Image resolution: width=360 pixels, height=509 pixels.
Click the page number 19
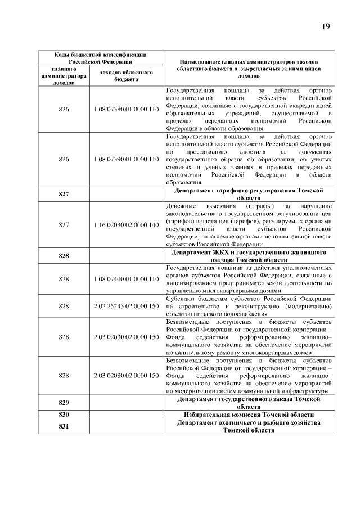[x=326, y=26]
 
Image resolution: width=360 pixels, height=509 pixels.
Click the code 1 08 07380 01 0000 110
[x=126, y=109]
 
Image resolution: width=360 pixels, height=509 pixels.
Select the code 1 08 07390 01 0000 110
[x=126, y=159]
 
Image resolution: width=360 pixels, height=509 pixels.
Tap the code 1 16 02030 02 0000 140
[x=126, y=224]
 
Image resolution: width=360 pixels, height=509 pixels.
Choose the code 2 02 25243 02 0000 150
[x=126, y=306]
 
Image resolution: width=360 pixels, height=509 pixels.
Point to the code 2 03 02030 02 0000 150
[x=126, y=336]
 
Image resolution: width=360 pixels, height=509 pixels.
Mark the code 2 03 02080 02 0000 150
[x=126, y=375]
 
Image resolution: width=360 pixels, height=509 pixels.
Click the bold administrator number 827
[x=64, y=194]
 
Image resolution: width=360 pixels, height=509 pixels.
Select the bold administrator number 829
[x=64, y=402]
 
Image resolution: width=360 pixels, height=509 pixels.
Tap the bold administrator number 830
[x=64, y=414]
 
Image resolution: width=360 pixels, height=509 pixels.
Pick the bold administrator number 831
[x=64, y=426]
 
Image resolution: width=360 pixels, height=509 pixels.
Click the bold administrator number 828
[x=64, y=255]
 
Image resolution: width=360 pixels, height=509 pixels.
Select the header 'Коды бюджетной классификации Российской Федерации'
[x=100, y=58]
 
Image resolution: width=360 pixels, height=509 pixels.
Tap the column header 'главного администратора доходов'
[x=64, y=76]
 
